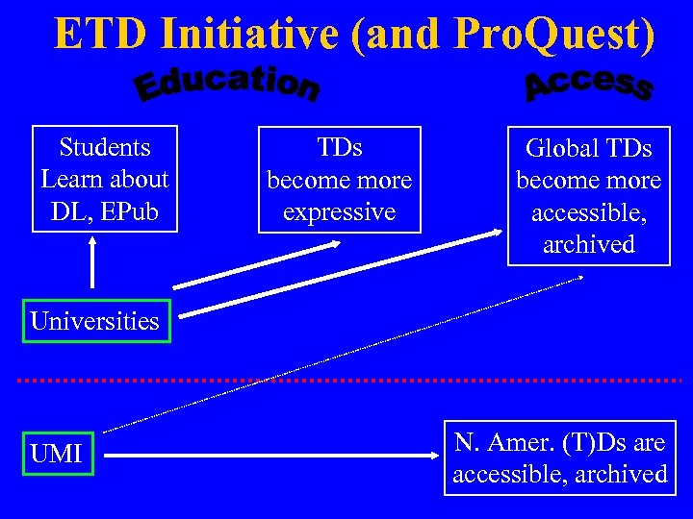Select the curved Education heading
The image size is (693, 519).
pos(227,84)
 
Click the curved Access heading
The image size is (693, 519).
pos(588,84)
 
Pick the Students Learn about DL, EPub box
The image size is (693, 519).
pos(105,180)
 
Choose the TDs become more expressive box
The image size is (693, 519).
pos(340,180)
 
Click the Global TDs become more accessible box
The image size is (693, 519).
pos(588,196)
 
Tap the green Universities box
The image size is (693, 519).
pos(94,321)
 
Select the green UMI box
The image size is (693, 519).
pos(57,454)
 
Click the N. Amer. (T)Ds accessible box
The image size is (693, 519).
pos(559,458)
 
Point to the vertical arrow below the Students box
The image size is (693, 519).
pos(92,261)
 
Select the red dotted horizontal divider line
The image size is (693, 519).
pos(346,381)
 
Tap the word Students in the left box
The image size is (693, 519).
pos(105,147)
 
